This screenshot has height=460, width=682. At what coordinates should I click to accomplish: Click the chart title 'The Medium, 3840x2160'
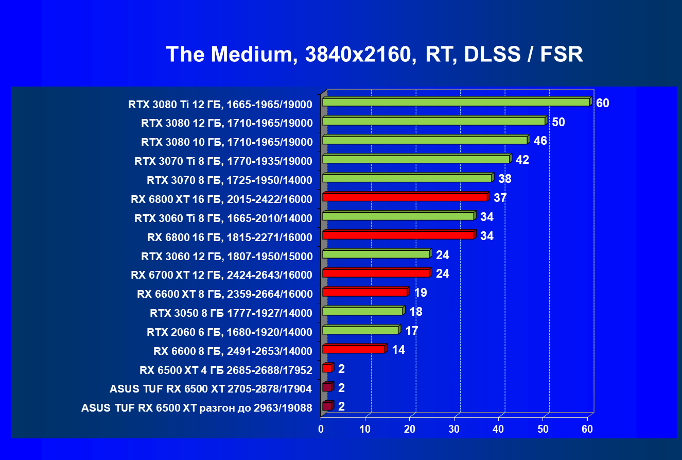pyautogui.click(x=374, y=54)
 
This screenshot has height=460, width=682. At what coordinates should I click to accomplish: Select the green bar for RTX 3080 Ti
pyautogui.click(x=456, y=102)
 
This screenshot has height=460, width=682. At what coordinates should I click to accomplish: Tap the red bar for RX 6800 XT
pyautogui.click(x=405, y=197)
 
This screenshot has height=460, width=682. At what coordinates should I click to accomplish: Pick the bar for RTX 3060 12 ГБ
pyautogui.click(x=376, y=254)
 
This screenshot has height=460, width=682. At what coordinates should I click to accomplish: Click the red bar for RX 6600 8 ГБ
pyautogui.click(x=354, y=349)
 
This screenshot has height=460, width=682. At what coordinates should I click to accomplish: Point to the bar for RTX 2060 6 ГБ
pyautogui.click(x=360, y=330)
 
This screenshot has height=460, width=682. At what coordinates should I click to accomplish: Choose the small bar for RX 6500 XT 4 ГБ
pyautogui.click(x=327, y=368)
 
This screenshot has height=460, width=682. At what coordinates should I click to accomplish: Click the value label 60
pyautogui.click(x=603, y=103)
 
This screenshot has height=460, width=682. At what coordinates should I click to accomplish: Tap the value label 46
pyautogui.click(x=540, y=141)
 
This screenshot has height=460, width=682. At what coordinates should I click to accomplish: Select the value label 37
pyautogui.click(x=500, y=198)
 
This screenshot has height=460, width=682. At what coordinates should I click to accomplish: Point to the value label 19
pyautogui.click(x=421, y=293)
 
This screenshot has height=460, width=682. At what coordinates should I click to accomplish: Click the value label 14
pyautogui.click(x=398, y=350)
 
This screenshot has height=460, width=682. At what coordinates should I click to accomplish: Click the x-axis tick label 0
pyautogui.click(x=321, y=429)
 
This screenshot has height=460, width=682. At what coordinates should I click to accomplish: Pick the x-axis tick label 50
pyautogui.click(x=543, y=429)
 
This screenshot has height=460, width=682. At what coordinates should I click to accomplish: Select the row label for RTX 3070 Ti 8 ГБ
pyautogui.click(x=223, y=161)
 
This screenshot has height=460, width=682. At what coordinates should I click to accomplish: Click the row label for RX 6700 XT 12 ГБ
pyautogui.click(x=221, y=275)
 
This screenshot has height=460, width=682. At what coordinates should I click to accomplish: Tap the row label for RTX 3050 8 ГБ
pyautogui.click(x=231, y=313)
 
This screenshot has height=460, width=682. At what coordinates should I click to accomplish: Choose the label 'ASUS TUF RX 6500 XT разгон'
pyautogui.click(x=197, y=408)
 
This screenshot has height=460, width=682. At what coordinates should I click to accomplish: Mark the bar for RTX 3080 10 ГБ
pyautogui.click(x=425, y=140)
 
